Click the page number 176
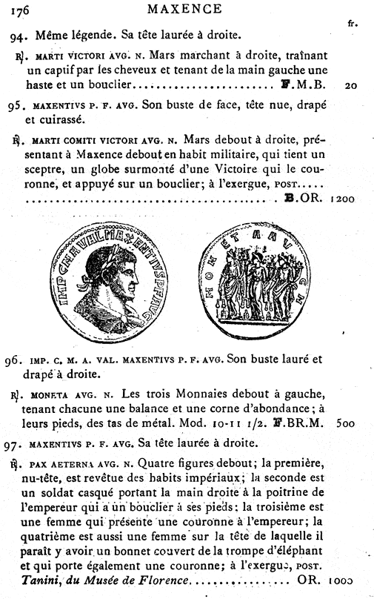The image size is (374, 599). click(x=15, y=10)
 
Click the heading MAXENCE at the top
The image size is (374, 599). click(x=184, y=10)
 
